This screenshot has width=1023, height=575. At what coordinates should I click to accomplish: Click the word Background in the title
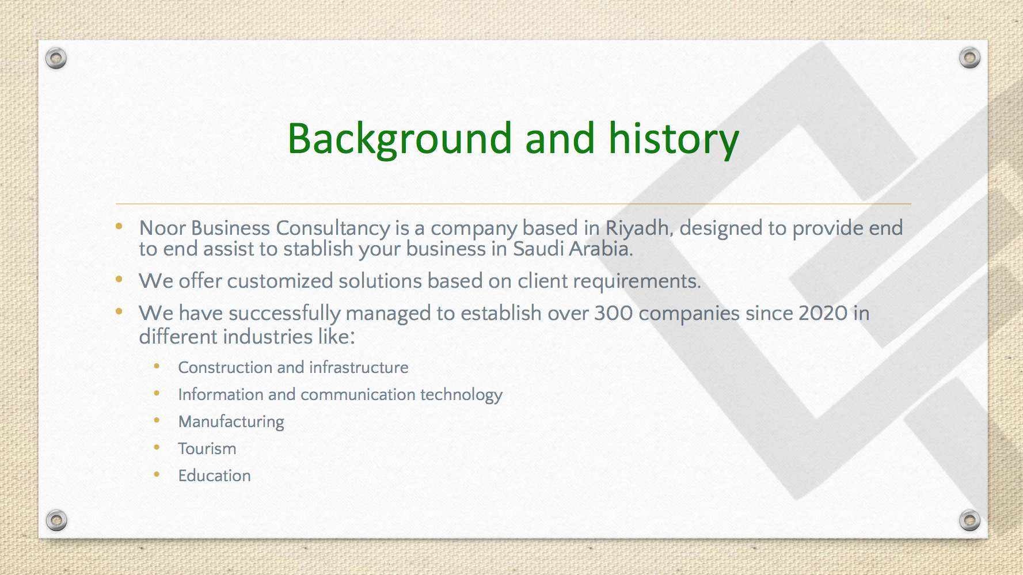[x=400, y=139]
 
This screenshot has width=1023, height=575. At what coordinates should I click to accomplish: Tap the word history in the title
[x=674, y=139]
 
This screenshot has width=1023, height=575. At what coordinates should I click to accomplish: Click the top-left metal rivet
[x=56, y=58]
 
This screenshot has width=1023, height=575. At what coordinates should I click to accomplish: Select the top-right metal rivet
[x=969, y=58]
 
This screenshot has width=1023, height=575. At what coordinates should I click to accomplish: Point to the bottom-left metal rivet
[x=56, y=520]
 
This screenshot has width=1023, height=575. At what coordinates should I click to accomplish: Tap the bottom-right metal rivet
[x=969, y=520]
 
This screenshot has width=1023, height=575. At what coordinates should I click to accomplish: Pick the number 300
[x=614, y=314]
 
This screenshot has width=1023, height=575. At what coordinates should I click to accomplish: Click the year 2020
[x=823, y=314]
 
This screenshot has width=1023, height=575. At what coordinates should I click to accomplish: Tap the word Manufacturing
[x=231, y=422]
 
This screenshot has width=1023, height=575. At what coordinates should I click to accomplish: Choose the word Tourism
[x=207, y=448]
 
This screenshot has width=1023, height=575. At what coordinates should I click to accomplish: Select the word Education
[x=215, y=475]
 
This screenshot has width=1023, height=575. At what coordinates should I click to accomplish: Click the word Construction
[x=225, y=367]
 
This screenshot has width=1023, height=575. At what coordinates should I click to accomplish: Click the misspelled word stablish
[x=318, y=249]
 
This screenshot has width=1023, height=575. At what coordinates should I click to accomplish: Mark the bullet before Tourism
[x=157, y=447]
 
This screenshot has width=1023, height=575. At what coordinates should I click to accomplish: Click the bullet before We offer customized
[x=119, y=280]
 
